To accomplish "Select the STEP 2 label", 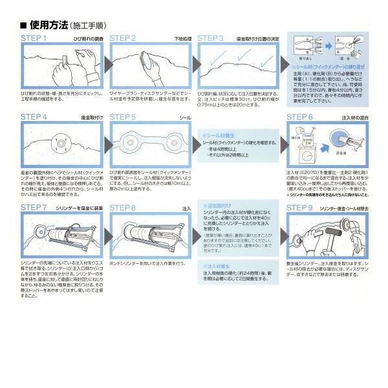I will [x=122, y=39].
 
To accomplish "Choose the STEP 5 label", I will [x=122, y=118].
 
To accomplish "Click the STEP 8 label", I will [x=122, y=208].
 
